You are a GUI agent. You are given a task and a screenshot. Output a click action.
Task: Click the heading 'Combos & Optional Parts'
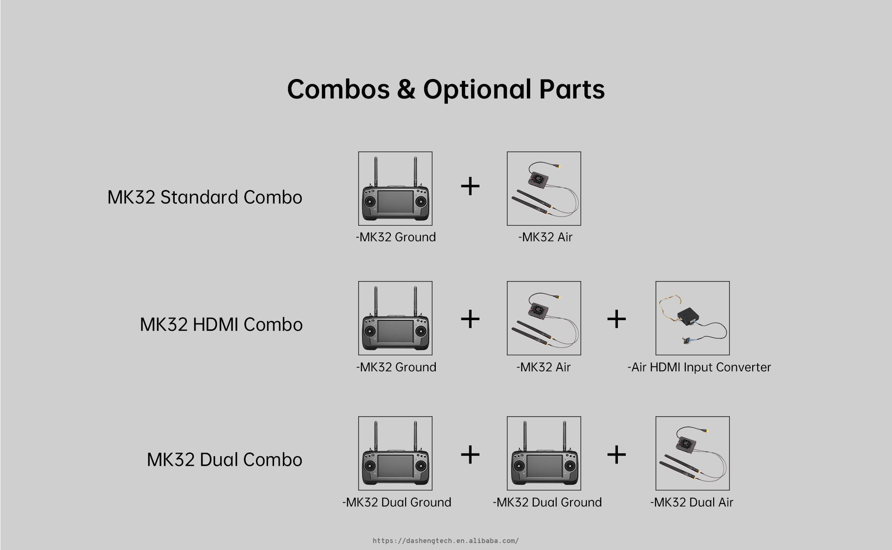(446, 89)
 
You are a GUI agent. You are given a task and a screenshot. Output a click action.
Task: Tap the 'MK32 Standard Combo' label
(205, 197)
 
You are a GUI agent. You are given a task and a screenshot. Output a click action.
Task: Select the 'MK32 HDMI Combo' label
(221, 324)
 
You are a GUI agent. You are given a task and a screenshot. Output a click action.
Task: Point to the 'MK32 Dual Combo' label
(225, 459)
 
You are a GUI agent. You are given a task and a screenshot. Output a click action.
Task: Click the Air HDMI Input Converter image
(693, 318)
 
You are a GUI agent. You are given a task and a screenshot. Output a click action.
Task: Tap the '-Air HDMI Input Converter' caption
(699, 367)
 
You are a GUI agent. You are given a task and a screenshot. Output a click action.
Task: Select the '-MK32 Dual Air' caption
(692, 502)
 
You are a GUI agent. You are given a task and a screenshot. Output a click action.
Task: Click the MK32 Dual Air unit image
(693, 453)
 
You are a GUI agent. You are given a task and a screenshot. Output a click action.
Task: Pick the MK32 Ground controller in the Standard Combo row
(395, 189)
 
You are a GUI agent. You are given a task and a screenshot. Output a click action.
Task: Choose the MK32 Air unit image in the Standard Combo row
(544, 189)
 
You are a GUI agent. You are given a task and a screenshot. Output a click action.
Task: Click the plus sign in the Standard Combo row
(470, 186)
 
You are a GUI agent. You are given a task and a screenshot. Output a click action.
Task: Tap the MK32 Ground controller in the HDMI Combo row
(395, 318)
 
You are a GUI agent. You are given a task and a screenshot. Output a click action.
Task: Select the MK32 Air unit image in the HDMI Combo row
(544, 318)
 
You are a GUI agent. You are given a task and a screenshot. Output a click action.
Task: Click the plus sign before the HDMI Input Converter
(617, 319)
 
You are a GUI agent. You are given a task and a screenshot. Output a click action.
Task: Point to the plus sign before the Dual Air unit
(617, 454)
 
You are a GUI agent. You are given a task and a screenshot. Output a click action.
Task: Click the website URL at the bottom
(446, 541)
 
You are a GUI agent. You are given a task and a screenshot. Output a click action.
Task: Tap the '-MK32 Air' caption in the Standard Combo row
(545, 237)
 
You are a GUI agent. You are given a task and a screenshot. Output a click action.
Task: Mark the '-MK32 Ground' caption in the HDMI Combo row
(396, 367)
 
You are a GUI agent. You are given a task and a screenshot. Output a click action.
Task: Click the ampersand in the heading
(406, 89)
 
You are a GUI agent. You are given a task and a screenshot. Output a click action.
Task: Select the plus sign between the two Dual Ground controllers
(470, 454)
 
